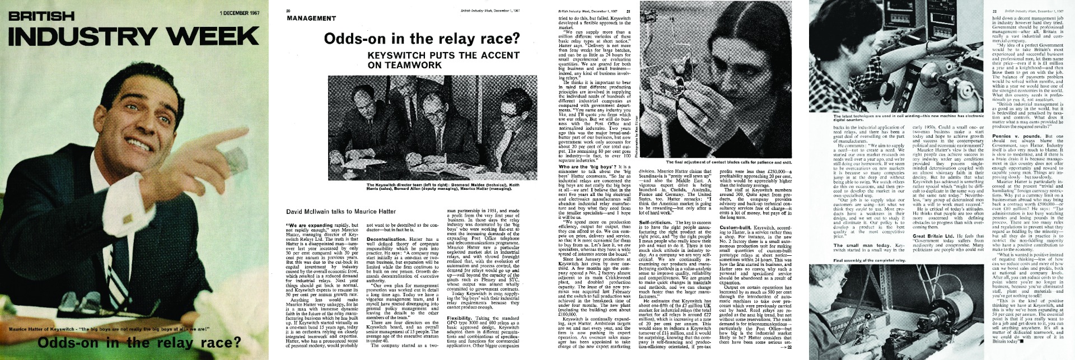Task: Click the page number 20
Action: tap(288, 11)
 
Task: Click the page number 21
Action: tap(628, 11)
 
